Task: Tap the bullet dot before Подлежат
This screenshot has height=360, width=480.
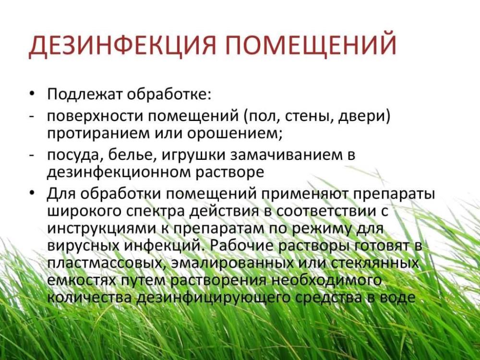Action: coord(32,94)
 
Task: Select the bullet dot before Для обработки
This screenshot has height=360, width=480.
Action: coord(32,193)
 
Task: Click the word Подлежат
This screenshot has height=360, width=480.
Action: coord(85,94)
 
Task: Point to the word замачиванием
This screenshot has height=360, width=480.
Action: coord(285,155)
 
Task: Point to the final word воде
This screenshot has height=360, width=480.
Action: coord(396,298)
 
